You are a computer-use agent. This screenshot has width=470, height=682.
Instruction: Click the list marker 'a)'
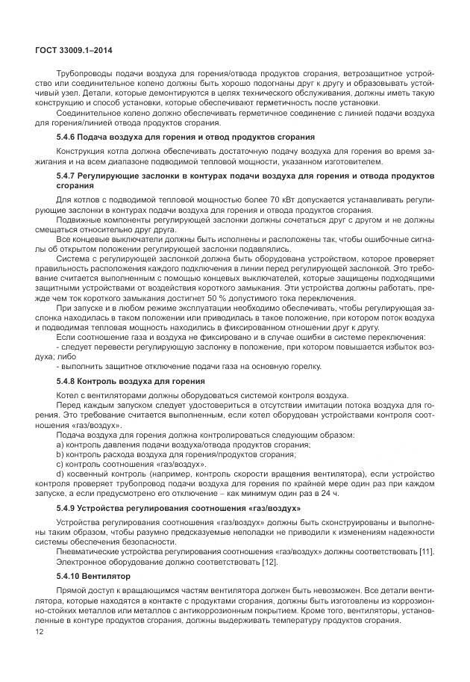[x=60, y=445]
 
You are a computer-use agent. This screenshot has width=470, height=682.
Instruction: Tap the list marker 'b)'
[x=60, y=454]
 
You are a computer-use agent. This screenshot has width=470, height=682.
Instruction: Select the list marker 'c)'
[x=60, y=464]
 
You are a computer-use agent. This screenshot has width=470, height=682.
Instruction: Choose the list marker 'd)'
[x=60, y=474]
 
